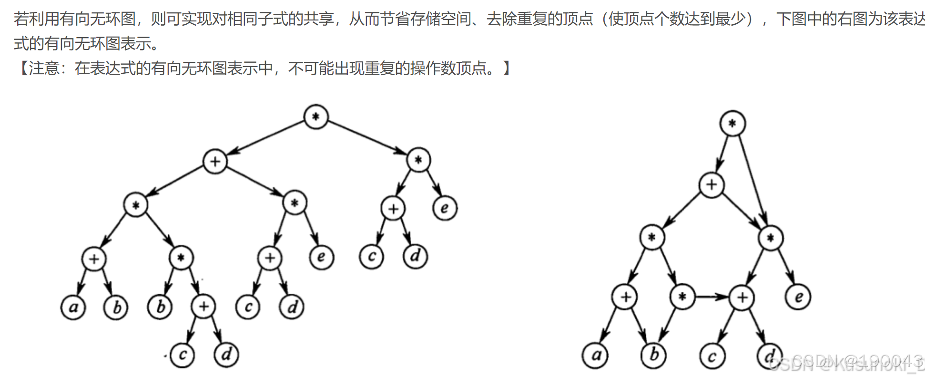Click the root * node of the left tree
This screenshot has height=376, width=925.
315,117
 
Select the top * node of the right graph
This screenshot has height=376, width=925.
732,124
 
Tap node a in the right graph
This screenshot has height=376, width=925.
595,356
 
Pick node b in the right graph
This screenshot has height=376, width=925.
654,355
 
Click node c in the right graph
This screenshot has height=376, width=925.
712,356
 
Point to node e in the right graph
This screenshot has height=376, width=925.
798,297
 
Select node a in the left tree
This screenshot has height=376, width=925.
73,307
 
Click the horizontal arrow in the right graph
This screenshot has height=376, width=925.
712,297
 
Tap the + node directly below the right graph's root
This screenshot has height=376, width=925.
712,185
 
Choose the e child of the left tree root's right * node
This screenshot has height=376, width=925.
445,208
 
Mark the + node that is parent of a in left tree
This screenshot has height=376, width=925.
94,259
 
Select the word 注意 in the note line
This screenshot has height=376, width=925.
44,69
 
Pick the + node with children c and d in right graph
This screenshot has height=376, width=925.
742,297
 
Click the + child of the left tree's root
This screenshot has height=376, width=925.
215,161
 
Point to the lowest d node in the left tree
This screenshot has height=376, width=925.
226,355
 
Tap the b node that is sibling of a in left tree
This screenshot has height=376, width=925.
116,307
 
